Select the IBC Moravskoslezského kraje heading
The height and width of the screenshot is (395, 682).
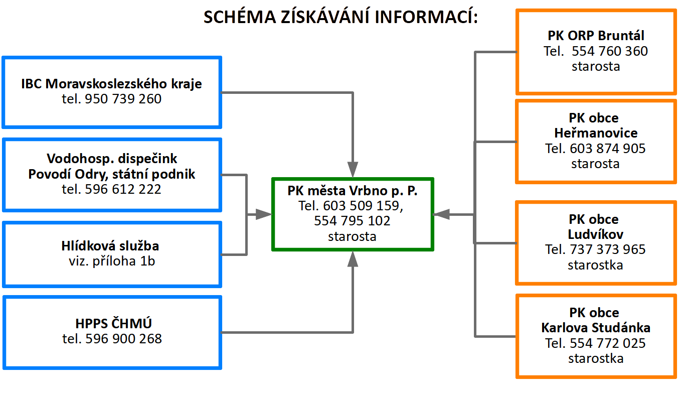tap(111, 83)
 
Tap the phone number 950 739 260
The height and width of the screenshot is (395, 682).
tap(111, 99)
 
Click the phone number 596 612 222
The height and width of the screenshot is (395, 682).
tap(111, 189)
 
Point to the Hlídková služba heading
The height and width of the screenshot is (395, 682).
tap(111, 246)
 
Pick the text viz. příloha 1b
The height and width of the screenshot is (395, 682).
tap(111, 261)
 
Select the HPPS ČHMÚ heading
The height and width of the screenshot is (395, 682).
tap(111, 323)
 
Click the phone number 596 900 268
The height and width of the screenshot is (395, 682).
tap(111, 339)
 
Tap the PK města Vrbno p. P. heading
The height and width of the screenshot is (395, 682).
tap(352, 191)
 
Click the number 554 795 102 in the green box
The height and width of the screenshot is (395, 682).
tap(352, 221)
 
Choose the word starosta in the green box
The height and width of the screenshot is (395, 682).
tap(352, 236)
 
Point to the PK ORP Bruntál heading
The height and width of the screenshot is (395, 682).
tap(596, 36)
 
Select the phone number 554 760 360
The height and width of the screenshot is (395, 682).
tap(609, 51)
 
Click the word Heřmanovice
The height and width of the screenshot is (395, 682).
tap(596, 133)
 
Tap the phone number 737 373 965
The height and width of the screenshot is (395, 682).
tap(607, 249)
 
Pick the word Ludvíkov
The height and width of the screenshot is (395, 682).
tap(596, 234)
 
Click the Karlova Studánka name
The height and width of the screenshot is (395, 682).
tap(596, 328)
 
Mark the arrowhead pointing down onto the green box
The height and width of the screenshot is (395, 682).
tap(353, 169)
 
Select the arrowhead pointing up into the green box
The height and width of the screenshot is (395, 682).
tap(353, 258)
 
